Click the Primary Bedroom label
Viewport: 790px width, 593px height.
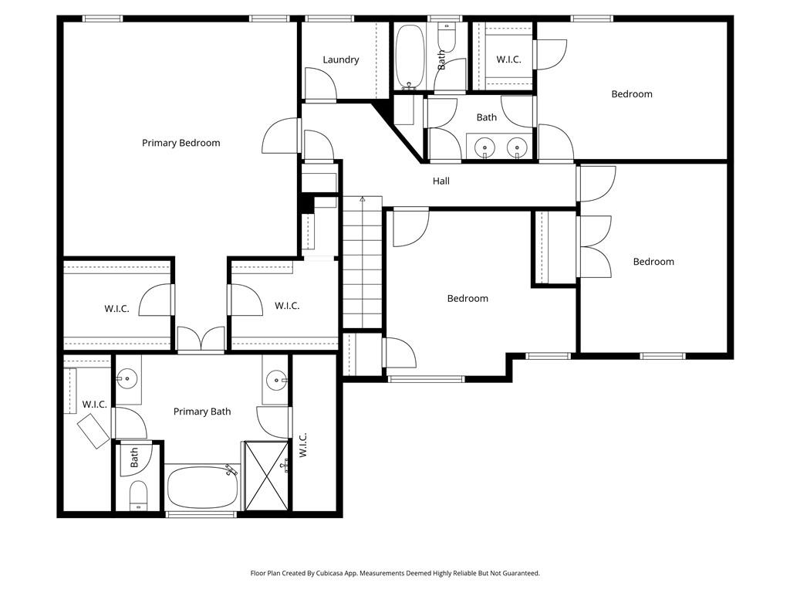(181, 143)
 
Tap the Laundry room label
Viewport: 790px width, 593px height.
(340, 59)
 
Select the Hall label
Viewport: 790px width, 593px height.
(441, 181)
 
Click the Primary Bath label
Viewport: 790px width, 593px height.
(202, 412)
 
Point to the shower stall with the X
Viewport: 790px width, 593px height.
(266, 476)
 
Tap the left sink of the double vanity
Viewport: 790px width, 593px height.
(484, 148)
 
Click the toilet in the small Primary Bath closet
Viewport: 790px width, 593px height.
(138, 495)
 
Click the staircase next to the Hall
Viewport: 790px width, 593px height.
(363, 263)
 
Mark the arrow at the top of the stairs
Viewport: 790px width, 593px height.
(363, 200)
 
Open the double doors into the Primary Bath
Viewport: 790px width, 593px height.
(201, 339)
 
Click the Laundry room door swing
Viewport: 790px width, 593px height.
(320, 83)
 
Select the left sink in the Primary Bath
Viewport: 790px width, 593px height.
(127, 378)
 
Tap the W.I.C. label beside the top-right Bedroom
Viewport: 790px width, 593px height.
(508, 59)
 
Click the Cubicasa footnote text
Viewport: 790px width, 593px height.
(395, 573)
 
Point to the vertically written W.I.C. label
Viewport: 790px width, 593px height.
(302, 445)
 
